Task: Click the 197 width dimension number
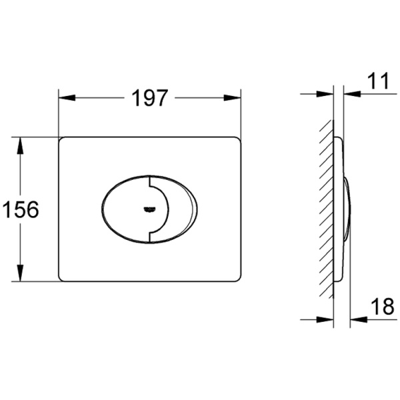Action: click(149, 98)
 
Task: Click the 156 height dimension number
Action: click(21, 209)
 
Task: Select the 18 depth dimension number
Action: click(383, 307)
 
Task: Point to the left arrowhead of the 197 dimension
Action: click(67, 98)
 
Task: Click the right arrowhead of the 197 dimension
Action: click(232, 98)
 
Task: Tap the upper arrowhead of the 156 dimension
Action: click(20, 145)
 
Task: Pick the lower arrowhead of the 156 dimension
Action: click(20, 273)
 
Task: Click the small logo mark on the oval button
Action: click(150, 209)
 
